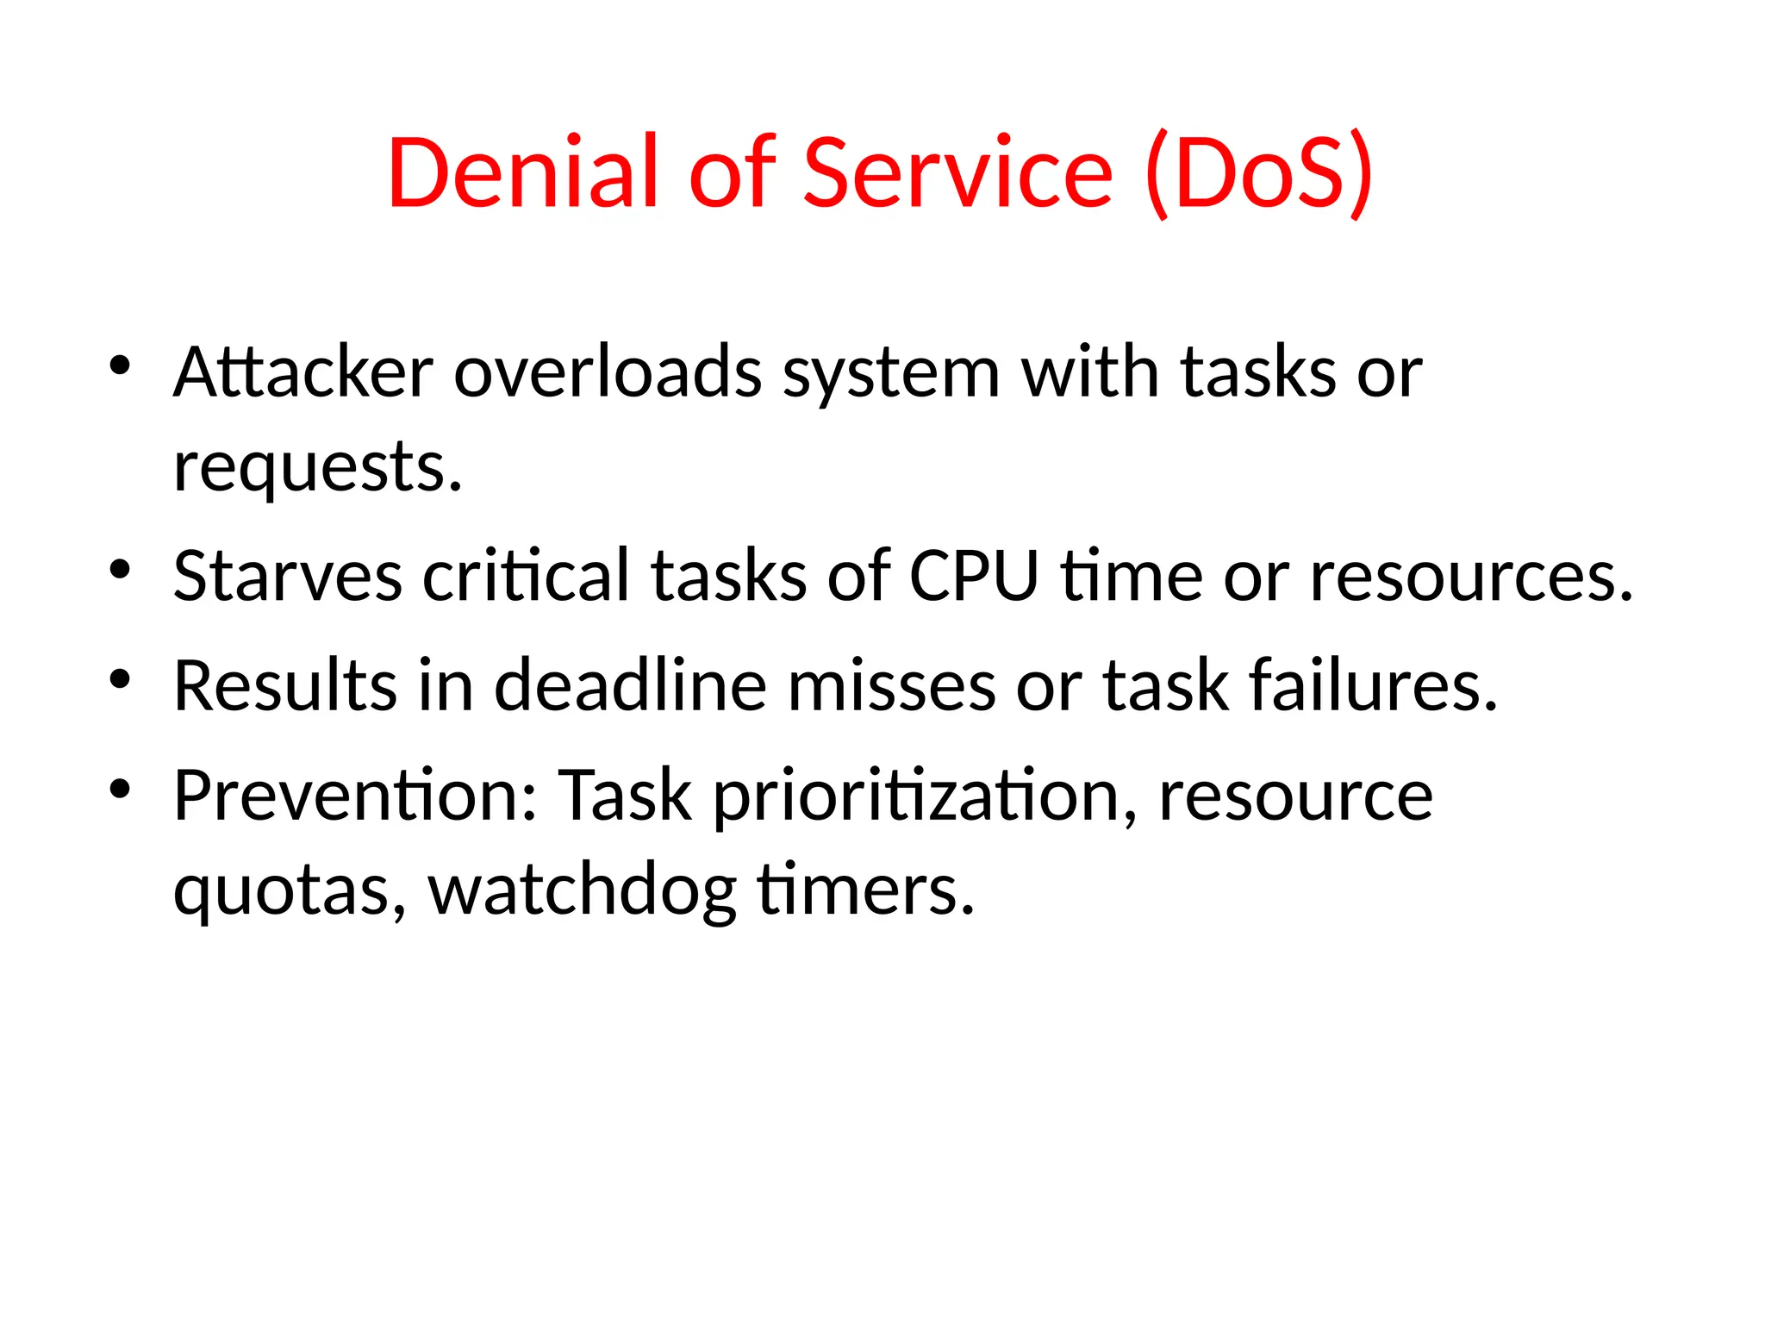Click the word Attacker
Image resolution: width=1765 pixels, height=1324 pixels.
[x=303, y=372]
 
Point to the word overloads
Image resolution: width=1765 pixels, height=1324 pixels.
[x=608, y=372]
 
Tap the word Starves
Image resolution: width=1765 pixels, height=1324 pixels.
[x=288, y=576]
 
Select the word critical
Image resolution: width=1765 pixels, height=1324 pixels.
[x=526, y=576]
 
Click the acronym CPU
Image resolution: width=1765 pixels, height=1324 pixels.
[x=974, y=576]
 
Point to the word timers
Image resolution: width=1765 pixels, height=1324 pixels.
[x=865, y=890]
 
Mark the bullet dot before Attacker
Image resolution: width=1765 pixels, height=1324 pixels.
[x=120, y=365]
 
